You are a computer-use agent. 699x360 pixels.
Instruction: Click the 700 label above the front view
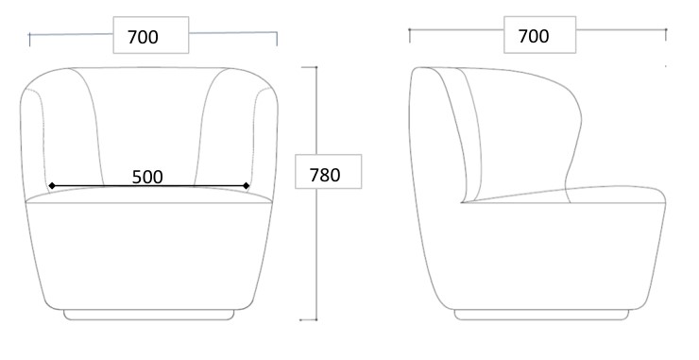click(143, 37)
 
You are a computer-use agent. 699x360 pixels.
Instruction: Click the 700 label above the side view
click(534, 36)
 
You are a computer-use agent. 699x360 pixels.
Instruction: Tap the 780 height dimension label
click(325, 175)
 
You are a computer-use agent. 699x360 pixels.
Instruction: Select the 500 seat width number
click(147, 177)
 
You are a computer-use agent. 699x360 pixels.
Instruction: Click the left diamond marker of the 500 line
click(52, 185)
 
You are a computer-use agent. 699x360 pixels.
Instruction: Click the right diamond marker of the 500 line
click(247, 185)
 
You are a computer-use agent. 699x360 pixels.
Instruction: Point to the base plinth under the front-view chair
click(149, 315)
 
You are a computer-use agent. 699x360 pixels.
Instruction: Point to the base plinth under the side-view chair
click(541, 315)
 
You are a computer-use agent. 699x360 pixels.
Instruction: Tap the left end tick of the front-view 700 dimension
click(30, 40)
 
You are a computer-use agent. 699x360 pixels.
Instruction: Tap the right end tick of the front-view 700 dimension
click(277, 39)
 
